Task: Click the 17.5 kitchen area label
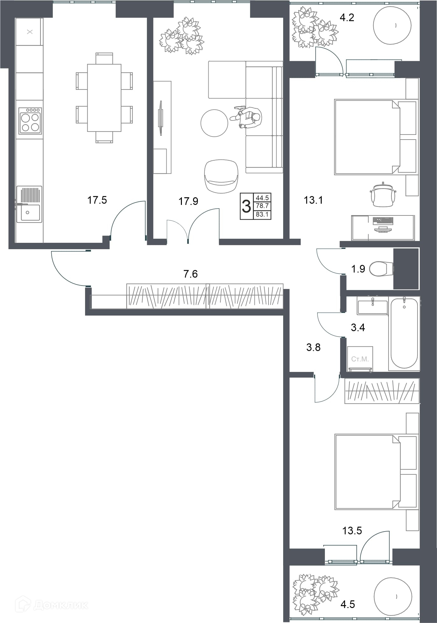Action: pos(97,200)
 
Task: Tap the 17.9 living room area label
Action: pos(188,201)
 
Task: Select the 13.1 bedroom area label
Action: pos(313,200)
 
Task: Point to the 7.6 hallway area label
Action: pos(190,274)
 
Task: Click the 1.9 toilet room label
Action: pos(358,269)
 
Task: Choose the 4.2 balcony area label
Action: pos(347,17)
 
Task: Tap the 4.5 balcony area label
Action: pos(347,604)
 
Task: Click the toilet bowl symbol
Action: pos(382,269)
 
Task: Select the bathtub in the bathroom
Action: pos(404,333)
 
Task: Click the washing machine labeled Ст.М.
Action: pos(360,359)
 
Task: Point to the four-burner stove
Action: pos(30,120)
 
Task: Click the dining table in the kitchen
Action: pos(104,98)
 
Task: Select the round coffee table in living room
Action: pos(214,123)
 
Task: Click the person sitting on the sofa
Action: pos(248,117)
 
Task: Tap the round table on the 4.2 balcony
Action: pos(392,25)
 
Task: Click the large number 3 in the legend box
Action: pos(246,206)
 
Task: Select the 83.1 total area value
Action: pos(262,215)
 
